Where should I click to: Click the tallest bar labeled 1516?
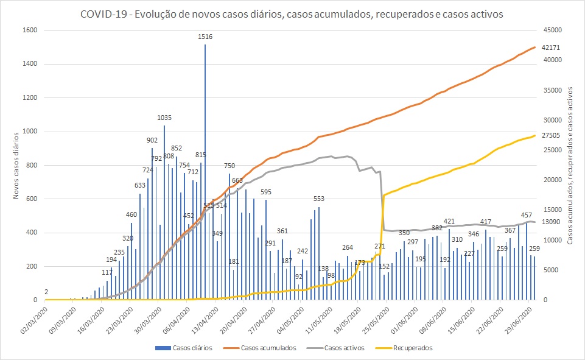[205, 171]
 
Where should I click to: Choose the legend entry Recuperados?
[412, 348]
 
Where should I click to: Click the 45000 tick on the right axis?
[552, 30]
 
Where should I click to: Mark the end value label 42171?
[550, 48]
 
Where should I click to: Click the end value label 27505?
[550, 136]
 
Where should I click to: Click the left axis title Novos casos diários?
[15, 165]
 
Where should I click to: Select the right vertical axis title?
[570, 165]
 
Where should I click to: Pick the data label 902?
[152, 139]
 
